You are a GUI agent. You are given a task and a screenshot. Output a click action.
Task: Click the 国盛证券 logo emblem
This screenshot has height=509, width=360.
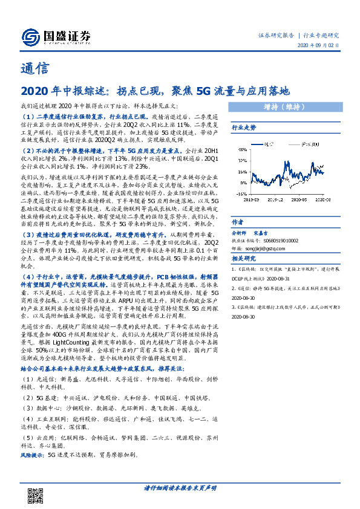pyautogui.click(x=28, y=36)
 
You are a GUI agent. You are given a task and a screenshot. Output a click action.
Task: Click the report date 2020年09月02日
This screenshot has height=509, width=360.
pyautogui.click(x=318, y=46)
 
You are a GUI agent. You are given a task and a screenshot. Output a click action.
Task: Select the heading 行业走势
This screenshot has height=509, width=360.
pyautogui.click(x=244, y=128)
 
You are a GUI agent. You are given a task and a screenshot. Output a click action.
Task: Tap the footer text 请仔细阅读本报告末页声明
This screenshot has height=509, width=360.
pyautogui.click(x=180, y=487)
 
